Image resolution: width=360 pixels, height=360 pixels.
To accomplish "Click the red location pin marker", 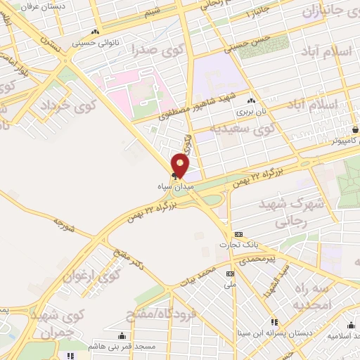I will [181, 165].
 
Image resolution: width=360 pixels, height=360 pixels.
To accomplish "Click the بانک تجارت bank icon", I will [239, 234].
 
